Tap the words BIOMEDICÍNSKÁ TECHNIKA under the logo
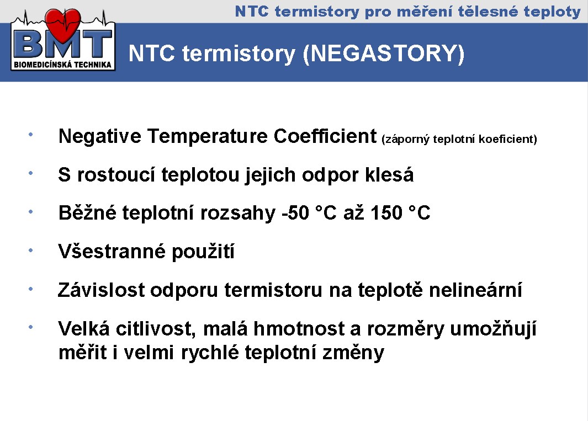[x=62, y=65]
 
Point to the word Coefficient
[x=325, y=136]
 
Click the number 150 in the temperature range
[x=386, y=213]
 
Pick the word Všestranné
[x=112, y=251]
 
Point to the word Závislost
[x=101, y=290]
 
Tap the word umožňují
[x=493, y=329]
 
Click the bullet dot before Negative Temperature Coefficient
[x=31, y=134]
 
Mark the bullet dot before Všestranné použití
[x=31, y=250]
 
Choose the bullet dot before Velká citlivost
[x=31, y=327]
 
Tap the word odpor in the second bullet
[x=330, y=175]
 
